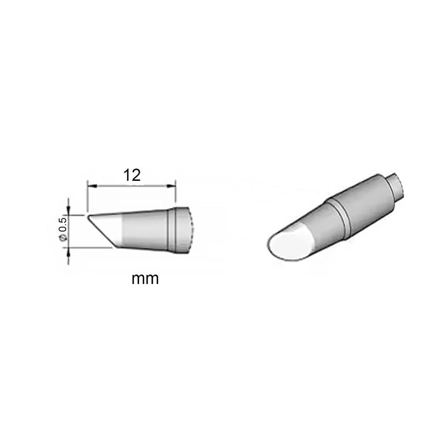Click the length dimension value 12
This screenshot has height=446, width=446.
coord(132,176)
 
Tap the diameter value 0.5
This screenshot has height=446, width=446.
coord(63,224)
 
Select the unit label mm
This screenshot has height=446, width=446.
coord(145,279)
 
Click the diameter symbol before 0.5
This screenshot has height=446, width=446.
coord(63,238)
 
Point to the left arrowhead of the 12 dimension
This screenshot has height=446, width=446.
coord(92,186)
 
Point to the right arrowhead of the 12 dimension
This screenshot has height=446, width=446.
coord(171,186)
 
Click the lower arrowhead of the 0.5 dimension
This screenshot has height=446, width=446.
coord(68,252)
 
